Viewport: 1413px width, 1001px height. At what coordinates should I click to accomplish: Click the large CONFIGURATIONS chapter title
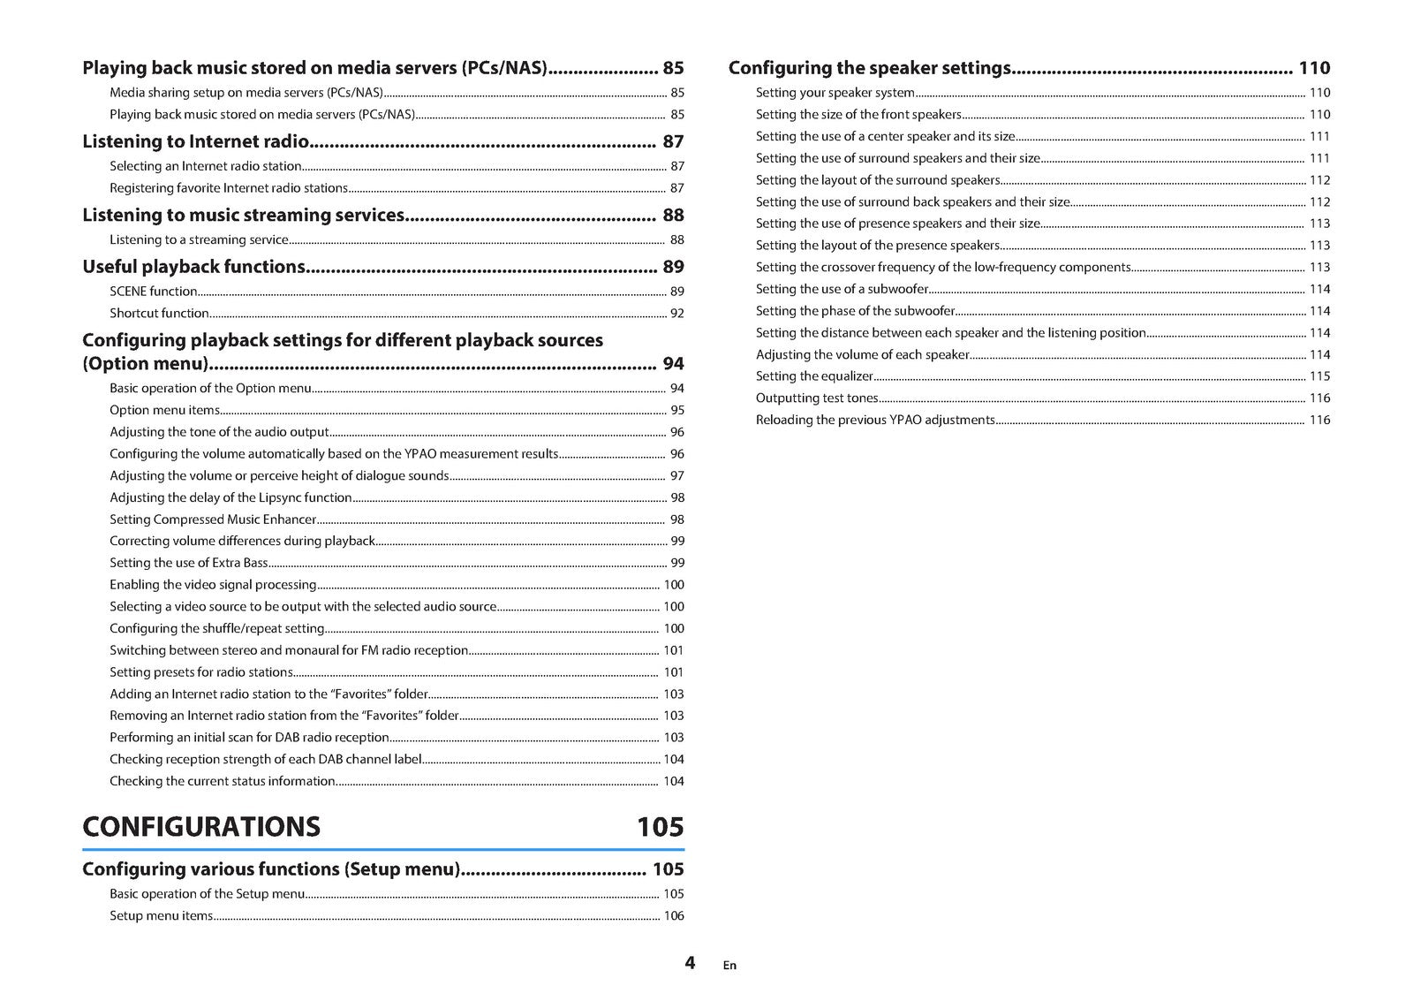coord(201,827)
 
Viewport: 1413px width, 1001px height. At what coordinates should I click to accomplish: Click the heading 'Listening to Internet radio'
coord(195,141)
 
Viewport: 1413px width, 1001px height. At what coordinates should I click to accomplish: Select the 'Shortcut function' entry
coord(159,313)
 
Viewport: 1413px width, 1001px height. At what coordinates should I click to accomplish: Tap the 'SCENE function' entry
coord(153,292)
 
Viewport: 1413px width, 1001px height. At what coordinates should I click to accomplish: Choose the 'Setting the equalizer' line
coord(813,376)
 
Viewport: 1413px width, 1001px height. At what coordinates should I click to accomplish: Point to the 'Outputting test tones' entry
coord(817,398)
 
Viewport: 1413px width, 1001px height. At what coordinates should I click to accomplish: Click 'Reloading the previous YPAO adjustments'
coord(874,421)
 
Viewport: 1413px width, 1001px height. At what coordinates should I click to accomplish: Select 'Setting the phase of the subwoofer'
coord(855,311)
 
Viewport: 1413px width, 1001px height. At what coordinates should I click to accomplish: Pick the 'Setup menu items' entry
coord(161,916)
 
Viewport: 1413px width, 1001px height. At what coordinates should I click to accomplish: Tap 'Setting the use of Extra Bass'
coord(188,563)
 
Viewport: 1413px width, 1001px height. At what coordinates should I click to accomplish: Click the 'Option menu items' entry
coord(164,410)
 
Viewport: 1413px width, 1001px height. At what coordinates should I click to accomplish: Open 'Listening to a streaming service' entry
coord(199,239)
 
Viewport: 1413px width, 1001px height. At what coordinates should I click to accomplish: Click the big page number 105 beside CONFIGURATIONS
coord(660,827)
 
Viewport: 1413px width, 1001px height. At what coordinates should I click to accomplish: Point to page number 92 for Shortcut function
coord(676,313)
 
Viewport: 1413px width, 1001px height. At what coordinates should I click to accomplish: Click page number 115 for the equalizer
coord(1319,376)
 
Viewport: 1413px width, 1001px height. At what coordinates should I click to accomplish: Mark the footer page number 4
coord(690,963)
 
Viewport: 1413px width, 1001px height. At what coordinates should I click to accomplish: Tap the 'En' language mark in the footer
coord(729,966)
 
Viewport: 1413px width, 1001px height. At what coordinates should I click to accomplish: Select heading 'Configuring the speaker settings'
coord(869,68)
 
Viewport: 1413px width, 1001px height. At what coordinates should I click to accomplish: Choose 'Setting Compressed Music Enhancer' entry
coord(212,519)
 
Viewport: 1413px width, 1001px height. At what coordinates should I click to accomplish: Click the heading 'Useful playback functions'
coord(193,267)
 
